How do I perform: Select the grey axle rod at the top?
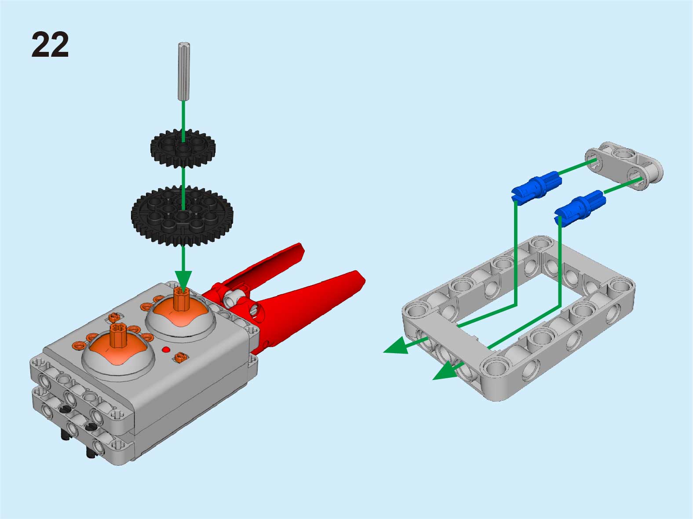(x=184, y=71)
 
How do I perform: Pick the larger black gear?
(x=182, y=216)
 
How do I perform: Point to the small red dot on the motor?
(x=166, y=350)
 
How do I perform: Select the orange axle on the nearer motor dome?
(x=118, y=335)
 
